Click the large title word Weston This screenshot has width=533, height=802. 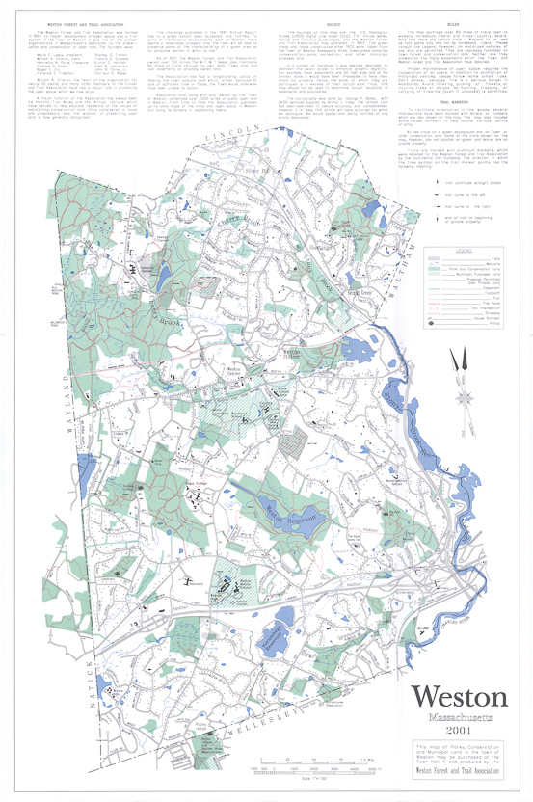click(x=458, y=697)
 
